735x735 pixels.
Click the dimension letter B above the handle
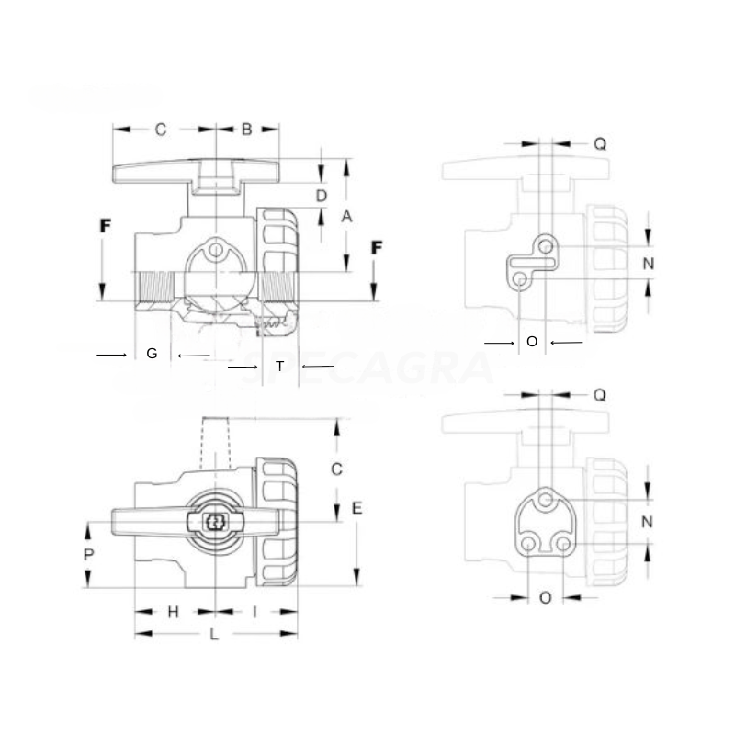246,130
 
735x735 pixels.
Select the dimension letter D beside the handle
322,195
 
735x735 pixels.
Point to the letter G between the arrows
153,354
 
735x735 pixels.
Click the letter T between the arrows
280,367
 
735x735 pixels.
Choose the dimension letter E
356,508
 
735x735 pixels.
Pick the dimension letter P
89,554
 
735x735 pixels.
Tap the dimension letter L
214,635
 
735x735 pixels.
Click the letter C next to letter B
160,130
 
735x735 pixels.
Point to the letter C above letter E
337,469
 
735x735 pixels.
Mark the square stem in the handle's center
216,523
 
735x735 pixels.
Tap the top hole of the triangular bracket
547,499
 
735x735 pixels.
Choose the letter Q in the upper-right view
599,143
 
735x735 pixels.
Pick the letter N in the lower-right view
648,521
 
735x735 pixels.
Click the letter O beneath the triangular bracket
545,597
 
